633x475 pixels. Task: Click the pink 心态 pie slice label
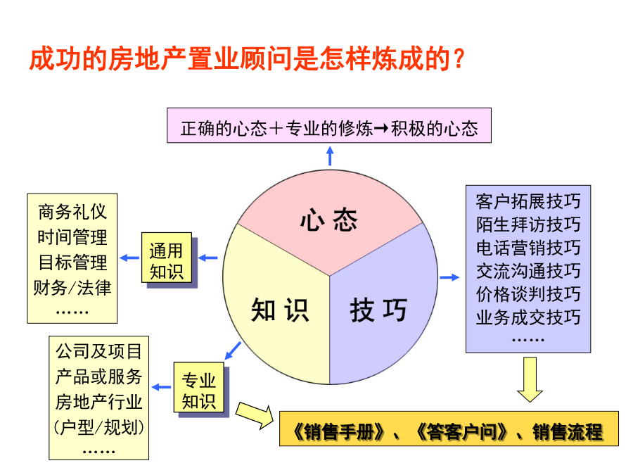pos(328,220)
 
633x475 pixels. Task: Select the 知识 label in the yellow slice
pos(280,310)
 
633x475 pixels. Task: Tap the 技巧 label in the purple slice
pos(378,310)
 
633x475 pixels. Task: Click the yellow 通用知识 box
pos(166,258)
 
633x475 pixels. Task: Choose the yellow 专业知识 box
pos(198,387)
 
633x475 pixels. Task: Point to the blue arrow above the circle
pos(330,156)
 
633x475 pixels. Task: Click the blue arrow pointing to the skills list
pos(449,277)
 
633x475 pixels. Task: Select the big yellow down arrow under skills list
pos(530,379)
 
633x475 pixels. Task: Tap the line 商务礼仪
pos(72,212)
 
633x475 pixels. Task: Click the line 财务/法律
pos(72,288)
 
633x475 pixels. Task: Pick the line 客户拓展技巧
pos(528,201)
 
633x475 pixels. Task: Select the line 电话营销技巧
pos(528,248)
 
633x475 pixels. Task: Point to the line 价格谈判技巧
pos(528,294)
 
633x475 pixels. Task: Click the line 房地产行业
pos(99,402)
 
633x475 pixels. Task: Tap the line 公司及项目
pos(99,351)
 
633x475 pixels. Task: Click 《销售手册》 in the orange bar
pos(338,432)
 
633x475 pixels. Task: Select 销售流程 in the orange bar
pos(567,432)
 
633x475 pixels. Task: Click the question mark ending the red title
pos(459,59)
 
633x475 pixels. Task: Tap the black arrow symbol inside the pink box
pos(381,129)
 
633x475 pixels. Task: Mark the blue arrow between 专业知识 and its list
pos(161,387)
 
